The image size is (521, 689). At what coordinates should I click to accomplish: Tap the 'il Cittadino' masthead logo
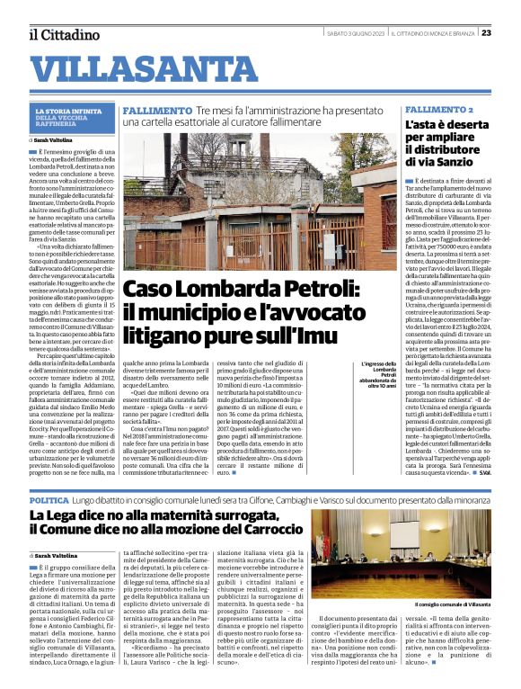(63, 34)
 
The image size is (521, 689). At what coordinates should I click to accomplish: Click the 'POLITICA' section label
(48, 499)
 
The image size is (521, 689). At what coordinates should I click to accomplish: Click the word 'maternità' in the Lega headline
(168, 515)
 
